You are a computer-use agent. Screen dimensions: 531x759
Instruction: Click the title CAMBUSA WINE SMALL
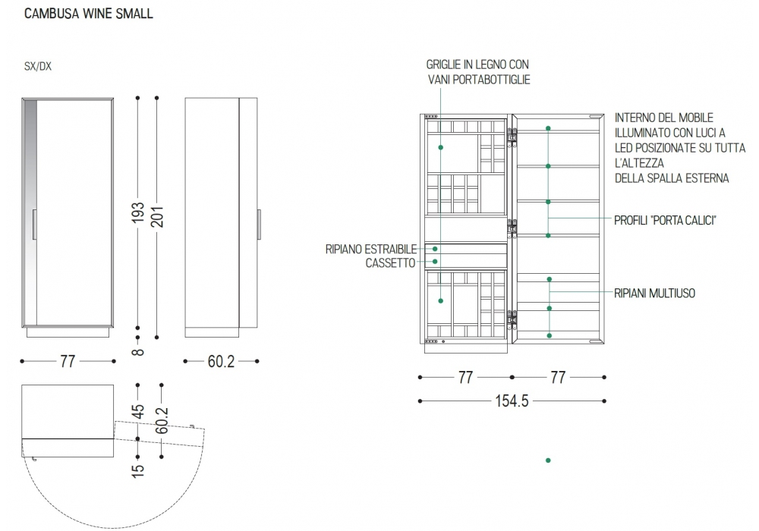90,14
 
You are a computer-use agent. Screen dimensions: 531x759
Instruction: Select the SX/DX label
38,67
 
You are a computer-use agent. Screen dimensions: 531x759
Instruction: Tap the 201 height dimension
156,217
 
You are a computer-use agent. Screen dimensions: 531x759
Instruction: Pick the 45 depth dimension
137,411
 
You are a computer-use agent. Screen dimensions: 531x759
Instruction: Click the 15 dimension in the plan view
137,470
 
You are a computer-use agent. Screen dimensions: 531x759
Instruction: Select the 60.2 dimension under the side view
221,362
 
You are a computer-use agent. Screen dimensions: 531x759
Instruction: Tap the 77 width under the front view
68,362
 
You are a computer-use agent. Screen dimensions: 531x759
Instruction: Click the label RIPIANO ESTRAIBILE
370,249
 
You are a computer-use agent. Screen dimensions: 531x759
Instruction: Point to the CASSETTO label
390,262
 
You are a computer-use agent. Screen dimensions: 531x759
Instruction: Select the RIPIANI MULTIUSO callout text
655,292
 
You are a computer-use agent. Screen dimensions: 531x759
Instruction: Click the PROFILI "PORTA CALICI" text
666,220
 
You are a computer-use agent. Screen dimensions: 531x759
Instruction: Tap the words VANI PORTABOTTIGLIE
478,80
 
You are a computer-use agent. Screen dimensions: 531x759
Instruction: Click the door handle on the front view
34,225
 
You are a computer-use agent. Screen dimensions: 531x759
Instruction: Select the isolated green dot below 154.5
548,460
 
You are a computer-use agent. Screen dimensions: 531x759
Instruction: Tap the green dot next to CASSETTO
436,262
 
